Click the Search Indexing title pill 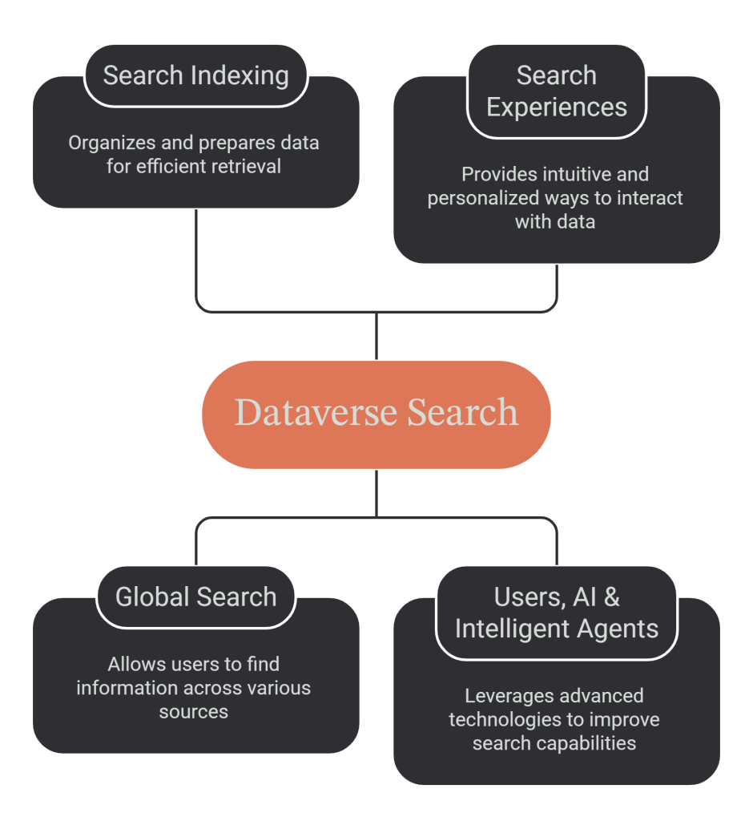[195, 75]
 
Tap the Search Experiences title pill [556, 91]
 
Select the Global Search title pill [195, 597]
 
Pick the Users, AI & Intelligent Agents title [556, 613]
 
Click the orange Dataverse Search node [376, 415]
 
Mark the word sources [194, 712]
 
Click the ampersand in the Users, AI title [611, 597]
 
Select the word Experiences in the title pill [556, 108]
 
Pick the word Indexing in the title [240, 76]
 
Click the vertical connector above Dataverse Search [376, 336]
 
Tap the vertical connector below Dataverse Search [376, 493]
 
